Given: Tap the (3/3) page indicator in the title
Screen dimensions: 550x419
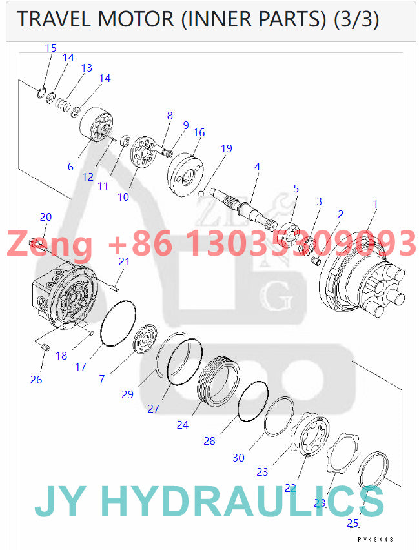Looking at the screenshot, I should pyautogui.click(x=356, y=19).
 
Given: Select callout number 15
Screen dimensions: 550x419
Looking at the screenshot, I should pyautogui.click(x=51, y=48).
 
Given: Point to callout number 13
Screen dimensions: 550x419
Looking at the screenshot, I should pyautogui.click(x=87, y=68).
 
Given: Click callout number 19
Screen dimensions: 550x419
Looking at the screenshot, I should pyautogui.click(x=225, y=148).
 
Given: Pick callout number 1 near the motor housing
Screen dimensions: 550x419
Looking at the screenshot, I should pyautogui.click(x=375, y=204).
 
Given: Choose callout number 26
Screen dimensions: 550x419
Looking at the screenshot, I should pyautogui.click(x=36, y=380).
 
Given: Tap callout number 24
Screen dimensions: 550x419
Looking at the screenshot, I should pyautogui.click(x=183, y=425).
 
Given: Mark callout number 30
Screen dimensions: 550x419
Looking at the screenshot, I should pyautogui.click(x=239, y=458).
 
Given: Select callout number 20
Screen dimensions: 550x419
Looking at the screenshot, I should pyautogui.click(x=45, y=217).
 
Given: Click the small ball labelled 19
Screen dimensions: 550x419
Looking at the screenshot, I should pyautogui.click(x=202, y=192).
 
